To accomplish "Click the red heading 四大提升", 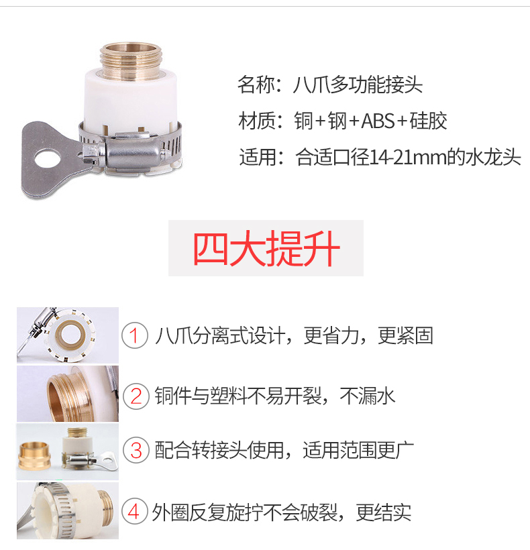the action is tap(266, 248).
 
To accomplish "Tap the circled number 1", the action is tap(135, 335).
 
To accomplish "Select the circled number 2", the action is tap(136, 396).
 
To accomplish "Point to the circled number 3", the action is tap(136, 450).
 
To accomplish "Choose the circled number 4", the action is tap(134, 511).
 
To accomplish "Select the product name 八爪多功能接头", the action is tap(358, 85).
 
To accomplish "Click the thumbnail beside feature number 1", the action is tap(68, 335).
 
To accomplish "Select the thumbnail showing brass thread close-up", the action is tap(68, 394).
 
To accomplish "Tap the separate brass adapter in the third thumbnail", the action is tap(34, 454).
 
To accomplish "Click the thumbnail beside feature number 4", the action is tap(68, 510).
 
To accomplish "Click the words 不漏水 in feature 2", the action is tap(367, 396).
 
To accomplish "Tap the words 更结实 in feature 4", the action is tap(383, 512).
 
